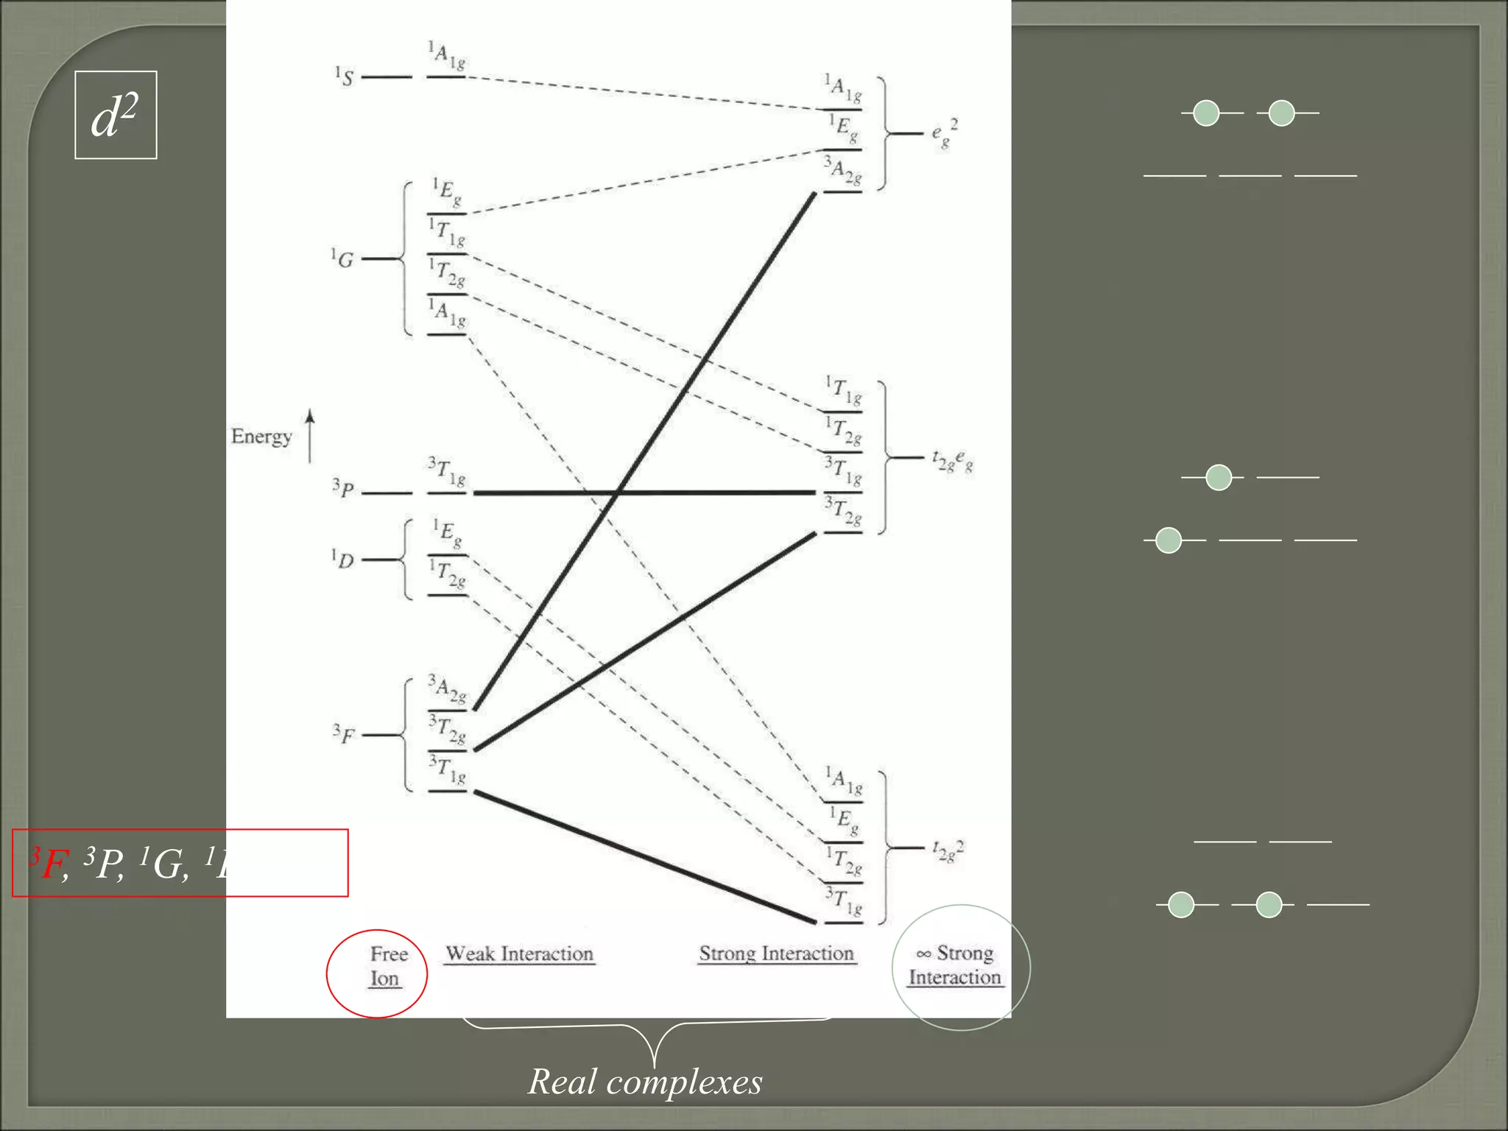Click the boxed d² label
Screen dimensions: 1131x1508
tap(116, 116)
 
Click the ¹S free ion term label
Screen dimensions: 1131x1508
tap(344, 77)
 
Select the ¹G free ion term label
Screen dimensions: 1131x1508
tap(342, 258)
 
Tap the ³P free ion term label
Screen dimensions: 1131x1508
tap(343, 489)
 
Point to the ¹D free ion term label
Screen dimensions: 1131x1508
tap(342, 559)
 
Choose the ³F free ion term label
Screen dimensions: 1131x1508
tap(343, 733)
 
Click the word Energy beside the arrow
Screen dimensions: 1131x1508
tap(261, 437)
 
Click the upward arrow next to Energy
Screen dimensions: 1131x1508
tap(310, 436)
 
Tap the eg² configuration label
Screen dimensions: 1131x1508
tap(944, 133)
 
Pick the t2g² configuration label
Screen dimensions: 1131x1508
tap(948, 850)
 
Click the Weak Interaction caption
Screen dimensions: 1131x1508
tap(520, 954)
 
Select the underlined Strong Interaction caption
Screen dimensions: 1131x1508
tap(776, 954)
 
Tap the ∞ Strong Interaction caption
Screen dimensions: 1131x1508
tap(955, 965)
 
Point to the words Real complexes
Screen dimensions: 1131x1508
tap(645, 1082)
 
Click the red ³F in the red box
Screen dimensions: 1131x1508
tap(49, 863)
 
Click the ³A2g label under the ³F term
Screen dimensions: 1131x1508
tap(447, 690)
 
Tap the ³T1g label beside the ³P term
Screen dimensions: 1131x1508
tap(447, 472)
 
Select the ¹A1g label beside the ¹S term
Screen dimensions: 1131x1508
tap(447, 57)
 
